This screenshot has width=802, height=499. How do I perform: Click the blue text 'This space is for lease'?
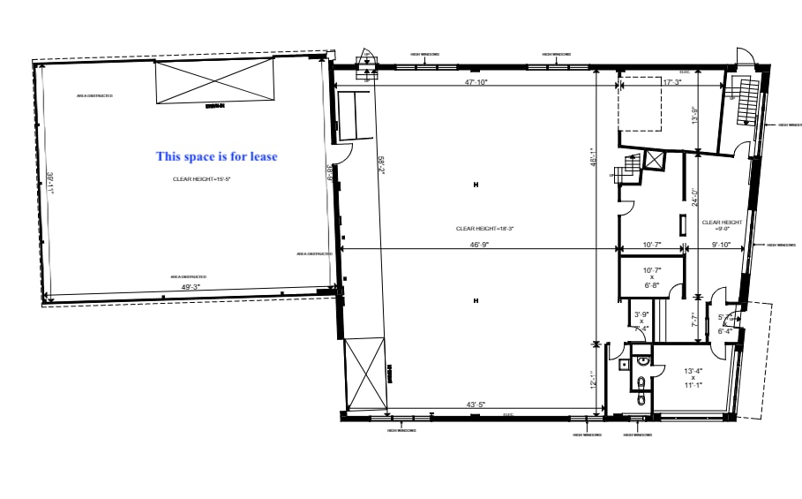pyautogui.click(x=216, y=156)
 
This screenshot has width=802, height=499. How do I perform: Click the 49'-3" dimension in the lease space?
pyautogui.click(x=191, y=287)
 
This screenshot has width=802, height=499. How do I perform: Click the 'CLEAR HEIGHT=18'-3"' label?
pyautogui.click(x=484, y=229)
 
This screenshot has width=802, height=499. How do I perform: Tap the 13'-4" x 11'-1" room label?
pyautogui.click(x=693, y=377)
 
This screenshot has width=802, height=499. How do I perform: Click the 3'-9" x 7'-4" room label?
pyautogui.click(x=641, y=321)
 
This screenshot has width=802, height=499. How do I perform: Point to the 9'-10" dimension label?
pyautogui.click(x=721, y=245)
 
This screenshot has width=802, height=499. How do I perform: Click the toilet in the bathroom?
pyautogui.click(x=641, y=382)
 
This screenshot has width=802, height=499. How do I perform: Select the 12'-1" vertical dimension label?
pyautogui.click(x=596, y=378)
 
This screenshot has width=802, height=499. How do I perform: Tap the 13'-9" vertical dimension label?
pyautogui.click(x=695, y=116)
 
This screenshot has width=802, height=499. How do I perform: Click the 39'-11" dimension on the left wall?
pyautogui.click(x=51, y=181)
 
